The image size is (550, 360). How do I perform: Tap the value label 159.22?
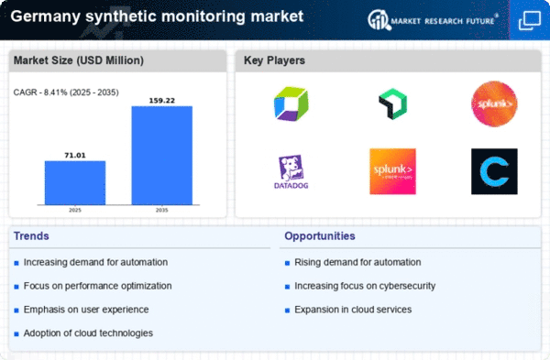(x=162, y=99)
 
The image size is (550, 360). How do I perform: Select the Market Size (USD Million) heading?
(x=76, y=61)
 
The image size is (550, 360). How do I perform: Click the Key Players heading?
(x=275, y=61)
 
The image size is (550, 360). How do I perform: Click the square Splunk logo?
(x=393, y=171)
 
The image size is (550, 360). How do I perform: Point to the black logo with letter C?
(x=494, y=171)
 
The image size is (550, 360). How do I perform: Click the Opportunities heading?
(x=319, y=236)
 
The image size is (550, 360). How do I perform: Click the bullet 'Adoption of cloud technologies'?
(x=89, y=333)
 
